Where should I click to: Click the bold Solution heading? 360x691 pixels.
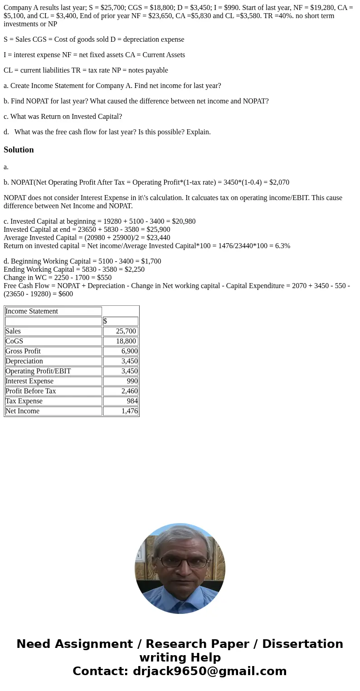(x=19, y=150)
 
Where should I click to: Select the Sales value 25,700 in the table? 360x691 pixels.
(x=126, y=331)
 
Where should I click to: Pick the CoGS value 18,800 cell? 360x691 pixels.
(x=126, y=341)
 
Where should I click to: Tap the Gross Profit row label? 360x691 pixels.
(x=23, y=351)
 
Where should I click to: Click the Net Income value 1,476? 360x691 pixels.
(x=129, y=411)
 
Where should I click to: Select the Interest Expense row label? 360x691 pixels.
(x=29, y=381)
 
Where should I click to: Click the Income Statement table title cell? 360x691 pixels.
(x=32, y=311)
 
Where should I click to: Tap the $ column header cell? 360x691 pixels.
(x=105, y=321)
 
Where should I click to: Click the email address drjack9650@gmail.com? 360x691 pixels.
(x=209, y=671)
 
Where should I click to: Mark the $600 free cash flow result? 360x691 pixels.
(x=66, y=294)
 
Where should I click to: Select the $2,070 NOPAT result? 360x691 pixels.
(x=279, y=182)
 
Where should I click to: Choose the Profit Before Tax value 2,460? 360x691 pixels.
(x=129, y=391)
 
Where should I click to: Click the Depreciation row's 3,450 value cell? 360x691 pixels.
(x=129, y=361)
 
